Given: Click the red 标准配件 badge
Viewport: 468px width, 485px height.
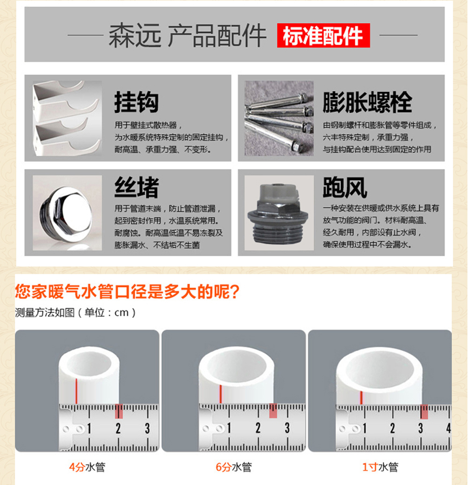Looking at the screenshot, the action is click(x=323, y=35).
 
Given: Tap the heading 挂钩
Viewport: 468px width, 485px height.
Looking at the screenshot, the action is click(x=136, y=102).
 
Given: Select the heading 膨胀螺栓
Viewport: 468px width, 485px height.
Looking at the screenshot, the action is click(x=367, y=102).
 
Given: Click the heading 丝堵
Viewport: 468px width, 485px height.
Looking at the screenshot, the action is click(x=136, y=187).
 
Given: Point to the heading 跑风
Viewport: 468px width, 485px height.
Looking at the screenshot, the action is click(x=345, y=187).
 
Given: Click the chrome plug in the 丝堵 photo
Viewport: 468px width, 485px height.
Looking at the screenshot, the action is click(x=66, y=213).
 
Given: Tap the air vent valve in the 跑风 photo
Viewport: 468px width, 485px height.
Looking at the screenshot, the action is click(x=278, y=213).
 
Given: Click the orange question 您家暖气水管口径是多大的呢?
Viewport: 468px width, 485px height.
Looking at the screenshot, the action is click(x=127, y=291).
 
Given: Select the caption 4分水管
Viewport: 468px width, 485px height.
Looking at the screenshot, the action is click(x=87, y=467).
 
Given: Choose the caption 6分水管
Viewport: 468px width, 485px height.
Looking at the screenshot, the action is click(x=234, y=467).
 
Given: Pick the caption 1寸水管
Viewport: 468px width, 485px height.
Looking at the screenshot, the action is click(x=380, y=467).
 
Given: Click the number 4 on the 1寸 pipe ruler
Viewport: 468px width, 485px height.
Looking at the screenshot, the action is click(x=448, y=428).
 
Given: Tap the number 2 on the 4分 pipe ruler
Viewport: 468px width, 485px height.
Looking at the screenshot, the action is click(x=118, y=429).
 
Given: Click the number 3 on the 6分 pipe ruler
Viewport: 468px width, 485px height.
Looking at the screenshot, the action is click(x=287, y=428).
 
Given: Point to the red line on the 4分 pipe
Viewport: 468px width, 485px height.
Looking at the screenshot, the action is click(x=76, y=390).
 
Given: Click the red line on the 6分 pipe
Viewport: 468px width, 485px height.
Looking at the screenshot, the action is click(x=221, y=394).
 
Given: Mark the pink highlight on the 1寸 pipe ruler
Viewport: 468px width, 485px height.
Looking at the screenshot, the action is click(x=424, y=412).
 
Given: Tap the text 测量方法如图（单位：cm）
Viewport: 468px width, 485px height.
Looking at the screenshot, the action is click(x=75, y=312).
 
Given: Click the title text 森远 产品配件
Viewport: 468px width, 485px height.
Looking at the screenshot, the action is click(x=187, y=35).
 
